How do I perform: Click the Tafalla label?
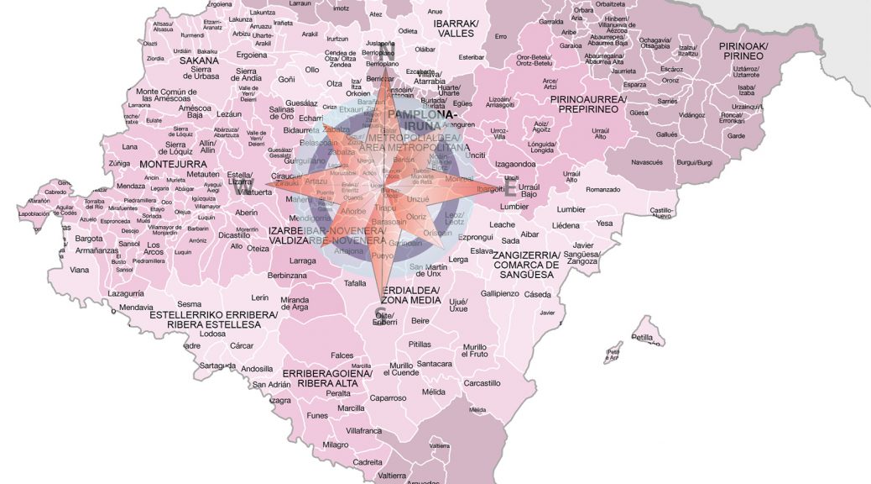point(355,283)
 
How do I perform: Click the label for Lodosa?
point(213,334)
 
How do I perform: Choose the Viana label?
point(79,270)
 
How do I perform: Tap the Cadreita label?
point(368,461)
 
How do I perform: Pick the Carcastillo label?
point(482,383)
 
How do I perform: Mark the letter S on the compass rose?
point(380,314)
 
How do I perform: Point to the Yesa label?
point(604,224)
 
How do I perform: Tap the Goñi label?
point(286,79)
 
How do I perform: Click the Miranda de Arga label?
point(295,303)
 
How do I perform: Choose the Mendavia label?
point(136,308)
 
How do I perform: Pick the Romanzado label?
point(602,190)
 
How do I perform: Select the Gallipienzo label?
point(500,293)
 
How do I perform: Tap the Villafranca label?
point(363,429)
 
